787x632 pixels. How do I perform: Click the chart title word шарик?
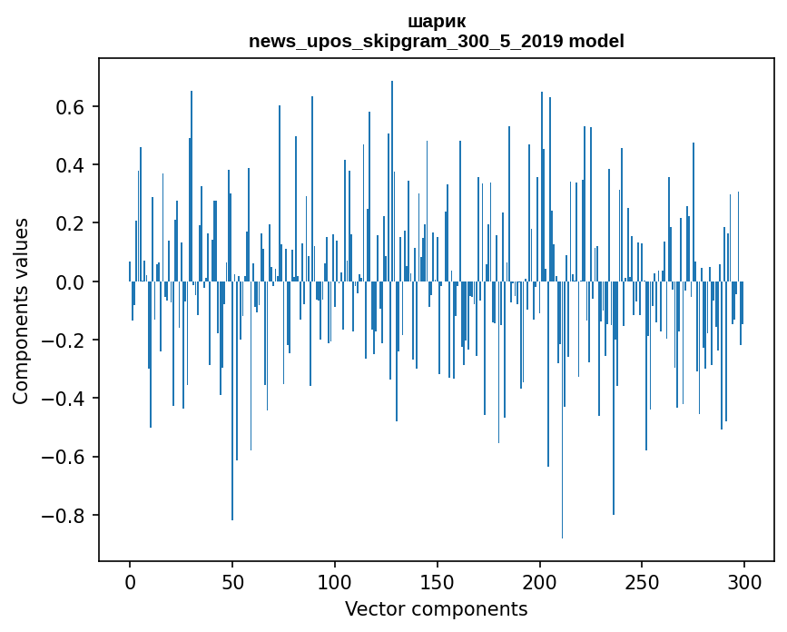(437, 21)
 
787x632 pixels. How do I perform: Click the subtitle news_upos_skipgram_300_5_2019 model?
(437, 41)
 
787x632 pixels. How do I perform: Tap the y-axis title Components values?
(20, 311)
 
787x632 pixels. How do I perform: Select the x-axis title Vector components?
(436, 609)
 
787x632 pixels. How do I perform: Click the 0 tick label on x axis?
(130, 581)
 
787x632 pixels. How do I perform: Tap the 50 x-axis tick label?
(232, 581)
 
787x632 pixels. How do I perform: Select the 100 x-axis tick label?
(335, 581)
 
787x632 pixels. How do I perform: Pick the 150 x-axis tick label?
(438, 581)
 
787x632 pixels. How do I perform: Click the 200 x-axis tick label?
(540, 581)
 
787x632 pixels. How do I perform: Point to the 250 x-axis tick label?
(643, 581)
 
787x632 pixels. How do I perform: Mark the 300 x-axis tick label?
(745, 581)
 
